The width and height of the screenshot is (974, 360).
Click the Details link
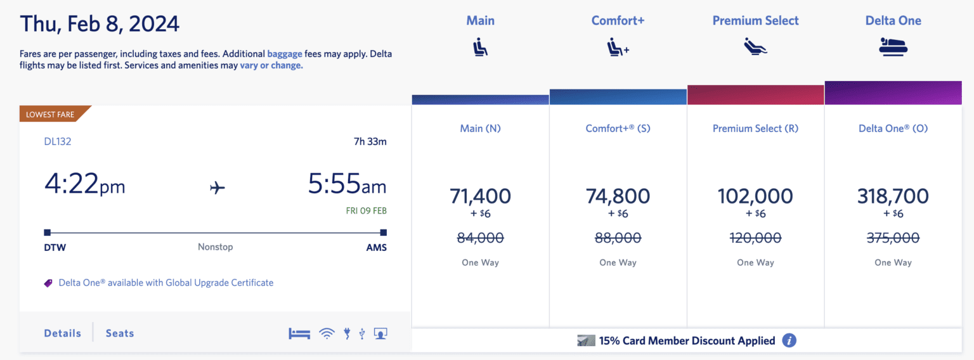[x=62, y=333]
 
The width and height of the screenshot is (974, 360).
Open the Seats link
[x=120, y=333]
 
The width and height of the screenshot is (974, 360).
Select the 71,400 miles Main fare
[x=480, y=196]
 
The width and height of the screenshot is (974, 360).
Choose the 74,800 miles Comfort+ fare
[x=618, y=196]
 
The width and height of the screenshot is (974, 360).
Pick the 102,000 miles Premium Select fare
[x=755, y=196]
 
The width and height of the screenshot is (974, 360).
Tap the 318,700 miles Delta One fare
[x=893, y=196]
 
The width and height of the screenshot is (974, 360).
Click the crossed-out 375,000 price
[x=893, y=238]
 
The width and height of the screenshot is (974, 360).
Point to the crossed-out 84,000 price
[x=480, y=238]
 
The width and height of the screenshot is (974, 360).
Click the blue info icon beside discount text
[x=789, y=341]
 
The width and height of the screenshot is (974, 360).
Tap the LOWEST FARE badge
[x=51, y=115]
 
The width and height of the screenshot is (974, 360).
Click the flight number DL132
[x=58, y=141]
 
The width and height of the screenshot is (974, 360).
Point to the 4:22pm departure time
[x=84, y=184]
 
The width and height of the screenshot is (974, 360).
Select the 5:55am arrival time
[x=347, y=184]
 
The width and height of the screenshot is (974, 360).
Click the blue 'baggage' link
[x=285, y=54]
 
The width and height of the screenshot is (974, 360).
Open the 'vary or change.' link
[x=271, y=65]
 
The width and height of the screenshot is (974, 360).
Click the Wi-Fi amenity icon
[x=327, y=333]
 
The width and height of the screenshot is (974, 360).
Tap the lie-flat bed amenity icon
[x=299, y=333]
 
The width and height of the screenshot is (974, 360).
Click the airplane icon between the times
[x=218, y=188]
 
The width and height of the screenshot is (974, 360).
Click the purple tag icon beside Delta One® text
[x=48, y=283]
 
